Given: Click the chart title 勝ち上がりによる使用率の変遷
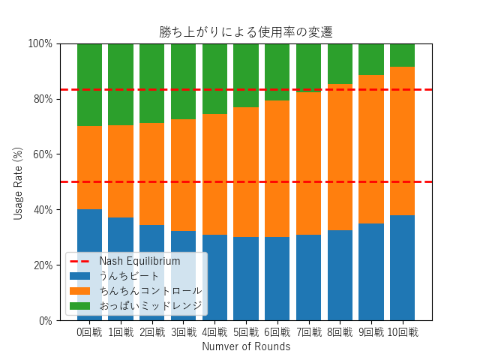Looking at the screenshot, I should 246,32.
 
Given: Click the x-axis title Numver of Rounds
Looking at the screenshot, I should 246,346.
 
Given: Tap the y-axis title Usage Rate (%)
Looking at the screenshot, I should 18,182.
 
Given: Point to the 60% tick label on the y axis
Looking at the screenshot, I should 40,154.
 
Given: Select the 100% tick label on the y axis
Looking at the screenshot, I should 38,43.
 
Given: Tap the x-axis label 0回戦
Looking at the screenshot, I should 89,332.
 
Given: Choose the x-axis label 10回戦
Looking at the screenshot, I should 402,332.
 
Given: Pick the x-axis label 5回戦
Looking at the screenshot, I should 246,332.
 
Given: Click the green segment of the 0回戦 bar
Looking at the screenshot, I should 89,85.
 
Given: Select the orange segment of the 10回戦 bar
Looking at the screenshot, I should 402,141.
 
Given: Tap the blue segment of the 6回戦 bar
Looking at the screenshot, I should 277,278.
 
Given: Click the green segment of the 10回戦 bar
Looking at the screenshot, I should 402,55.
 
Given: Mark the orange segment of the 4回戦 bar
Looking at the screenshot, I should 214,174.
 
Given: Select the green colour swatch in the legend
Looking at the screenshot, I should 80,305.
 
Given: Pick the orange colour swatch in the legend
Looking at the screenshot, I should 80,290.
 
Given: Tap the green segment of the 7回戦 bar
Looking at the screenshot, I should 308,67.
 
